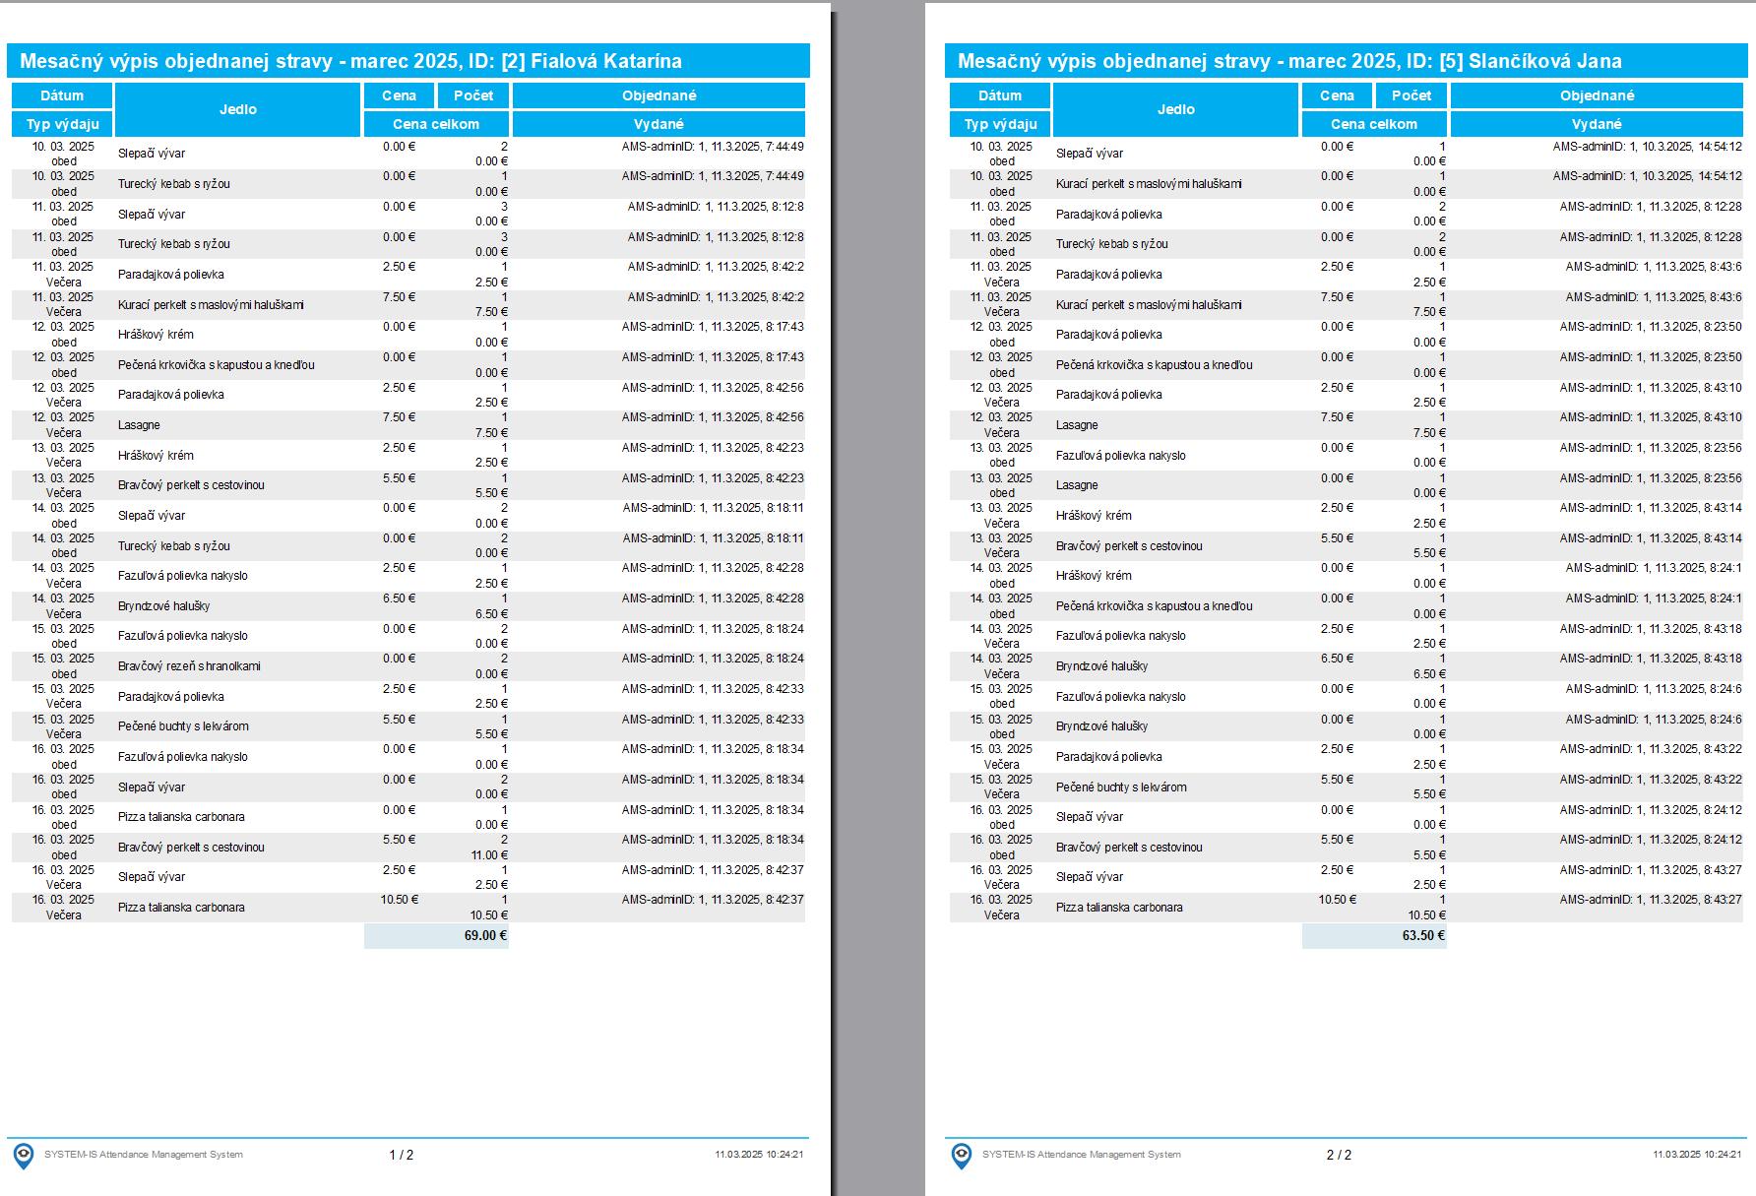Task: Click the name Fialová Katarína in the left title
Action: coord(606,61)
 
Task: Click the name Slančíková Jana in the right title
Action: coord(1544,61)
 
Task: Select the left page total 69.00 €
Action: coord(485,935)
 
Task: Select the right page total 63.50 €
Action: coord(1423,935)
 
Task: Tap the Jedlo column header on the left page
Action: coord(237,109)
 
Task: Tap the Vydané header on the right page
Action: coord(1597,124)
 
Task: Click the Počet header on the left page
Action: coord(472,95)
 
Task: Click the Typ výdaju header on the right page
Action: coord(1000,124)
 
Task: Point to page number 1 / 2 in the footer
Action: coord(402,1155)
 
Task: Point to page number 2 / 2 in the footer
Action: coord(1339,1155)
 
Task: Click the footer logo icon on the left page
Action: coord(23,1155)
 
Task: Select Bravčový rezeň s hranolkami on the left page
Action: coord(189,666)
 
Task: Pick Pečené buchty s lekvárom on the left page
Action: coord(183,726)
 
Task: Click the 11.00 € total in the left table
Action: coord(489,854)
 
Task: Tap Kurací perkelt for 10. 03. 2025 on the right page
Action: coord(1148,184)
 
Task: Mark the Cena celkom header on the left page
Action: coord(436,124)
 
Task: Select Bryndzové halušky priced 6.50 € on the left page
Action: coord(163,606)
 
